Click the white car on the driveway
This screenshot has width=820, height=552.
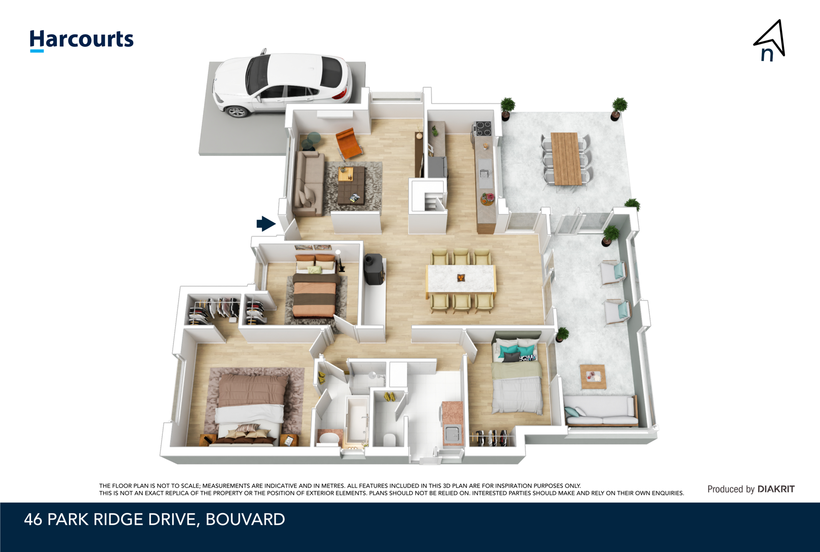(282, 82)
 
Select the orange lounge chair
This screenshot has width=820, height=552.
(349, 143)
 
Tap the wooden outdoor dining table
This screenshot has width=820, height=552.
(566, 159)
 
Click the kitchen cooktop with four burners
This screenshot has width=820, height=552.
(483, 128)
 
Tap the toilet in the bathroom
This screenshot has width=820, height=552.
(389, 439)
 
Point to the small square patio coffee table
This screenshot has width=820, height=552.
(593, 377)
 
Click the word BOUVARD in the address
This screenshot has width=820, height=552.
(245, 520)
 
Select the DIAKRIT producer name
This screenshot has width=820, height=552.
(776, 489)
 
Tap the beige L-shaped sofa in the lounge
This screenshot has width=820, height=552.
(308, 183)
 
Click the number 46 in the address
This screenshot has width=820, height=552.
(33, 520)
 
